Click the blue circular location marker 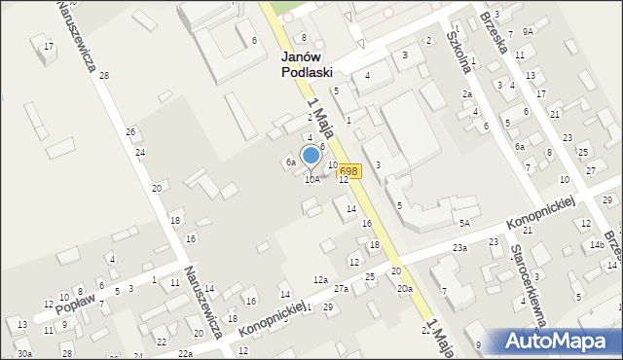coord(311,155)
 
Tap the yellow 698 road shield coord(350,170)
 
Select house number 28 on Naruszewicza coord(103,76)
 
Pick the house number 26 coord(129,131)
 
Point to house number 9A coord(527,31)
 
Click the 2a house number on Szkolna coord(467,93)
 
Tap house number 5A coord(465,224)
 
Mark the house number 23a coord(459,248)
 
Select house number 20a coord(404,289)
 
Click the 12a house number coord(319,279)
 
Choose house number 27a coord(341,289)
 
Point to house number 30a coord(23,353)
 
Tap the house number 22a coord(185,353)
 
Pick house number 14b coord(595,245)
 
